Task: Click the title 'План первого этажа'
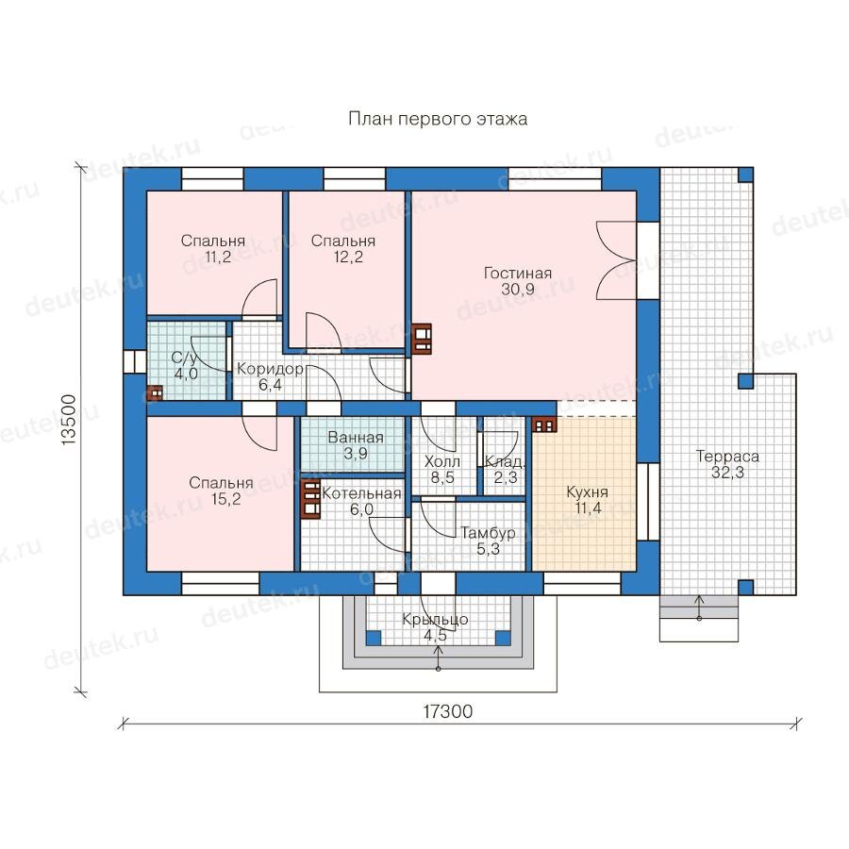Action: [x=438, y=119]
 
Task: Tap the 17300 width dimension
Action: [x=447, y=711]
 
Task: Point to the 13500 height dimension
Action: [x=69, y=420]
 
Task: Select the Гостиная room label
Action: [x=518, y=273]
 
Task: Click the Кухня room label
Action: [x=587, y=492]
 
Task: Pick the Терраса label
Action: [x=727, y=457]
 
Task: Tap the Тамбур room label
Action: [x=488, y=533]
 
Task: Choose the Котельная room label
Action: [x=361, y=493]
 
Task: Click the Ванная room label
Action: [x=356, y=438]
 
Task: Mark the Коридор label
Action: [x=270, y=369]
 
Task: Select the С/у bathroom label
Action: [x=184, y=358]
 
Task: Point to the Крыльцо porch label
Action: [x=435, y=619]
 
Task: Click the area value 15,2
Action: [x=225, y=499]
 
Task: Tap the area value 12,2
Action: [x=348, y=257]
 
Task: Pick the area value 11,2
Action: [x=218, y=257]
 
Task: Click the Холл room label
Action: [x=441, y=462]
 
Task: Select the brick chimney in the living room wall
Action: [x=422, y=339]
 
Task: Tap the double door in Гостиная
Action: [x=616, y=260]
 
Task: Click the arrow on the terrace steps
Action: [x=699, y=608]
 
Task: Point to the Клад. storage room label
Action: [x=505, y=462]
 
